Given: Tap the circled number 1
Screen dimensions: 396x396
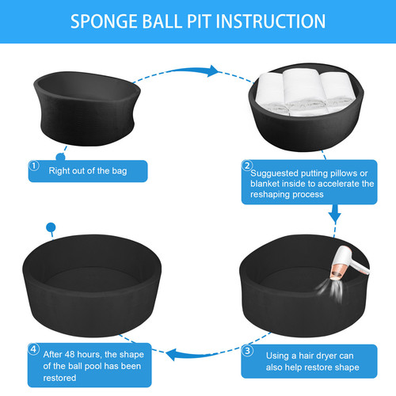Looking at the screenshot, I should pyautogui.click(x=34, y=166).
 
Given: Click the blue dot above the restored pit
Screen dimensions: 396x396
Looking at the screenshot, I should pyautogui.click(x=51, y=227).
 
